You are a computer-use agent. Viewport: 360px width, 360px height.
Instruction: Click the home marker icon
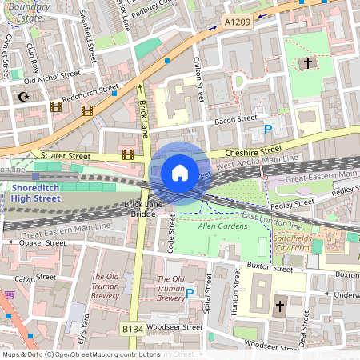180,172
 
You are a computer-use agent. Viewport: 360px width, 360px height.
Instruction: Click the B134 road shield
133,330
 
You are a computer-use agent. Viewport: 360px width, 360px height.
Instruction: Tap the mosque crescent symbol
22,97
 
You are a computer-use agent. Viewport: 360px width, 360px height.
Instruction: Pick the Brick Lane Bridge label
133,210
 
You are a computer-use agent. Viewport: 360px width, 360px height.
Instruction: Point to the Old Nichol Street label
52,77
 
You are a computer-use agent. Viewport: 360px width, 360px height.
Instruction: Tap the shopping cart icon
9,295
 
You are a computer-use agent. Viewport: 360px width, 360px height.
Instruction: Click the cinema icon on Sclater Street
127,154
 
